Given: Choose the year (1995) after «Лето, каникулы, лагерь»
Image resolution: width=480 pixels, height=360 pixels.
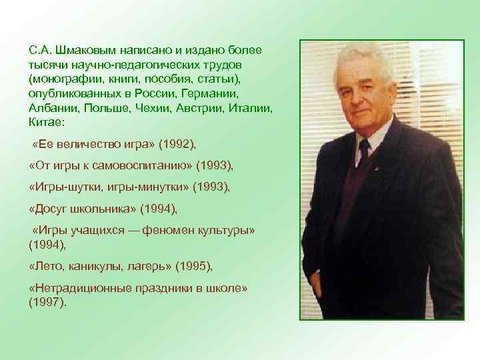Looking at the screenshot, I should [x=193, y=267].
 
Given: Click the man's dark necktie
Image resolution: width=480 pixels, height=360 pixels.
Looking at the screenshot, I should [x=363, y=153].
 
